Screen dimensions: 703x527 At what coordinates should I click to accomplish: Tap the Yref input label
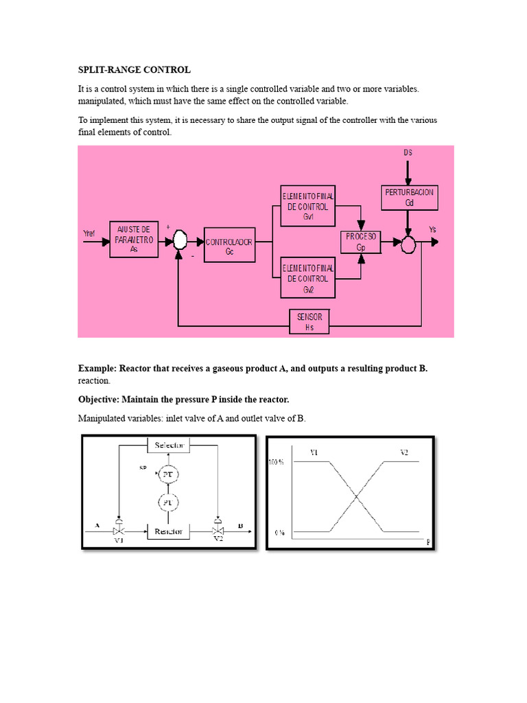coord(90,233)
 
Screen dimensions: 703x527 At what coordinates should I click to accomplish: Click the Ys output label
coord(432,229)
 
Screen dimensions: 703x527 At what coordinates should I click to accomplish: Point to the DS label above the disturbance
coord(408,152)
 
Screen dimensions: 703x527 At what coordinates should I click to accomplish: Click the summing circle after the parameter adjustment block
coord(179,240)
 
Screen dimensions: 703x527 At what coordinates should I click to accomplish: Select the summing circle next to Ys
coord(409,242)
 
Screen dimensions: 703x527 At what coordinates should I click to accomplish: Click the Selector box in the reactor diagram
coord(169,446)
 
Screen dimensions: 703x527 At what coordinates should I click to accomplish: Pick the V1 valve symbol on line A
coord(119,531)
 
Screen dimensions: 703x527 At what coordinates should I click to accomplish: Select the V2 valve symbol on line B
coord(218,531)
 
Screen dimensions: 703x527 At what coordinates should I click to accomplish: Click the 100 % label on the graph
coord(275,463)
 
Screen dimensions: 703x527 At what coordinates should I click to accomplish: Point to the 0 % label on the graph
coord(279,532)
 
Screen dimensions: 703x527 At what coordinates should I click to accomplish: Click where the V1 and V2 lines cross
coord(356,497)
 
